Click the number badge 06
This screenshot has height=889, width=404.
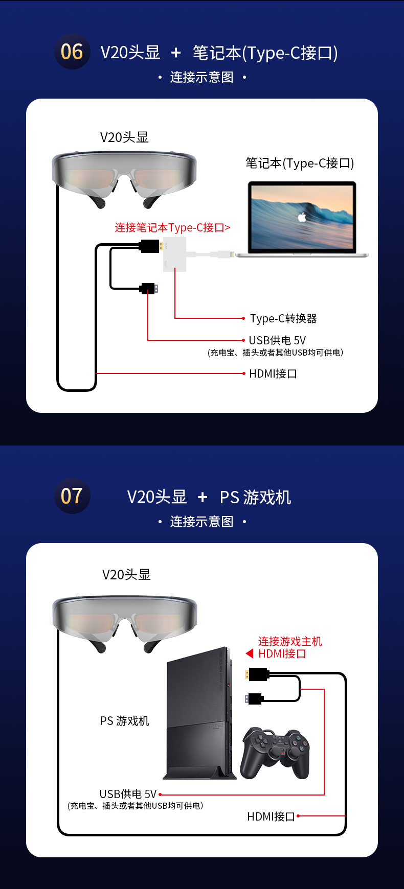(72, 52)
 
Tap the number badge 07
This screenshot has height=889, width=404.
(72, 496)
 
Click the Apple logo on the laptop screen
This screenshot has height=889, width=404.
(302, 217)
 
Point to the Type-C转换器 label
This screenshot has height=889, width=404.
(283, 319)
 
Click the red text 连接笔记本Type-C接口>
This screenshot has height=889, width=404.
(172, 228)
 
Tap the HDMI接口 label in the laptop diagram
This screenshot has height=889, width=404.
(273, 374)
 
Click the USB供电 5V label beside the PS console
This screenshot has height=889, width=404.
(128, 794)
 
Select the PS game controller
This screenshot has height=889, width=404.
(276, 753)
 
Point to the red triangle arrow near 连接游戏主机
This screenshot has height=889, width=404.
(250, 653)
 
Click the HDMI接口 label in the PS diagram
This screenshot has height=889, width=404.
(271, 816)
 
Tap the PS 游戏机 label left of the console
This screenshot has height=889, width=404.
(124, 721)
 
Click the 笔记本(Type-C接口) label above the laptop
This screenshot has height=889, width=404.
(300, 163)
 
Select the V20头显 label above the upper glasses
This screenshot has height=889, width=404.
(124, 137)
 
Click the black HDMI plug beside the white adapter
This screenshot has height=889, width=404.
(150, 246)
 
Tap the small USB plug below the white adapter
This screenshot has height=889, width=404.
(149, 289)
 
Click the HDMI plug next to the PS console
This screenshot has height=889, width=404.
(257, 674)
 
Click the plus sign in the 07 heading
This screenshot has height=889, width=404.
(203, 497)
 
